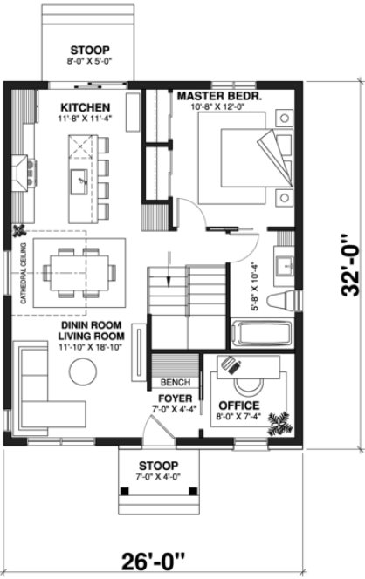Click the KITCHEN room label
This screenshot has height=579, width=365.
(x=85, y=108)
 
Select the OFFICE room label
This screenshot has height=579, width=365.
(x=239, y=406)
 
